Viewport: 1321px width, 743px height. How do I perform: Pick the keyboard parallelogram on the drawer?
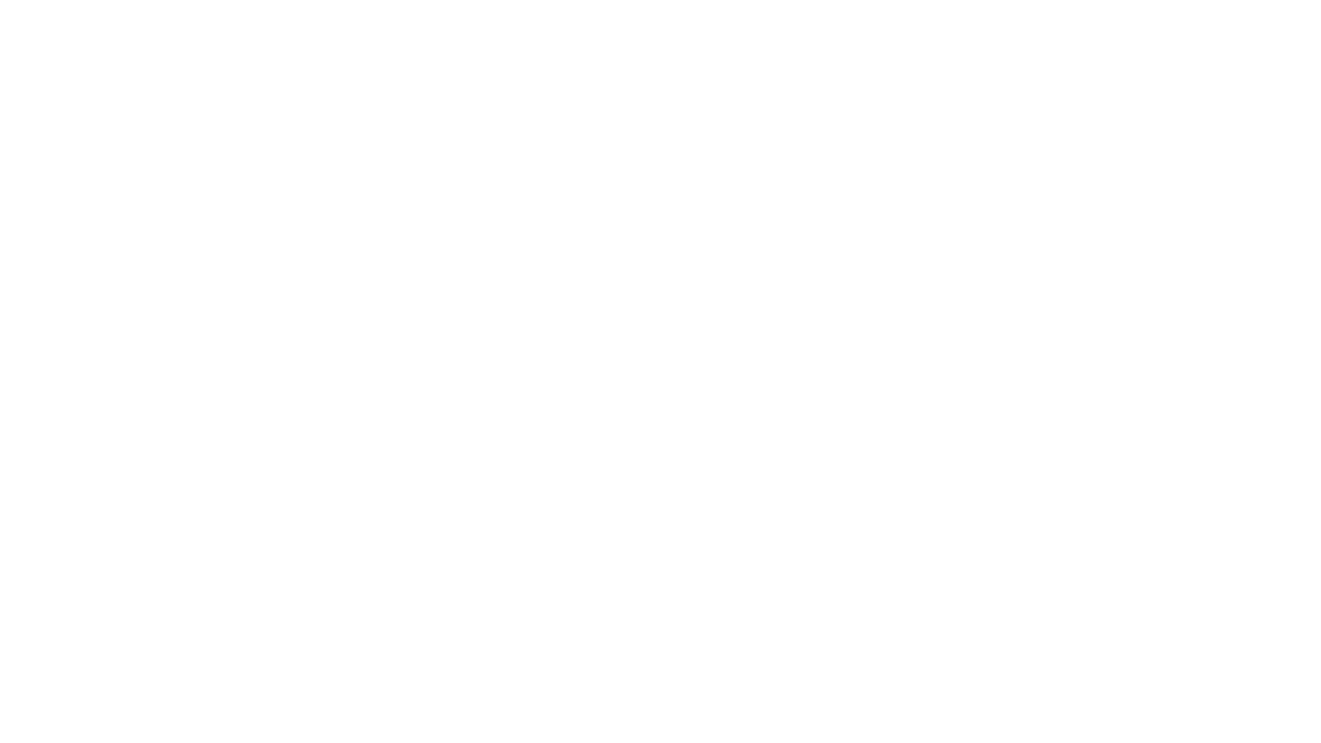(x=594, y=493)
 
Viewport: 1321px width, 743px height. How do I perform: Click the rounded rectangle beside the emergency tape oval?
(x=365, y=242)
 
